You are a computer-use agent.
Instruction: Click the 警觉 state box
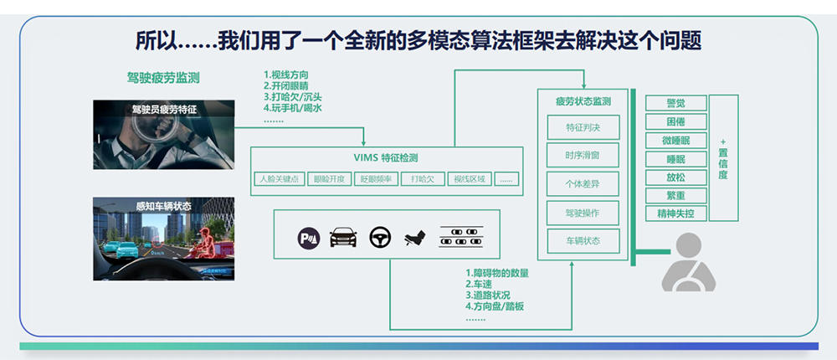(x=675, y=103)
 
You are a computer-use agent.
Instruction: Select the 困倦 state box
(x=675, y=121)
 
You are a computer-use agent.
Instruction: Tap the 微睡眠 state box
(x=675, y=140)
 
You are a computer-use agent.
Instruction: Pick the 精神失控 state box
(x=675, y=213)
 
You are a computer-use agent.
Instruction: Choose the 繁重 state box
(x=675, y=195)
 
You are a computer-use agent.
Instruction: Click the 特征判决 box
(x=583, y=127)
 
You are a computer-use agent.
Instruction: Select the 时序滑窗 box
(x=583, y=156)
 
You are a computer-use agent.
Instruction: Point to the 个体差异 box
(x=583, y=184)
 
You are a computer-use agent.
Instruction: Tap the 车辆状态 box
(x=583, y=241)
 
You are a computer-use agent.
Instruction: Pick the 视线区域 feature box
(x=469, y=178)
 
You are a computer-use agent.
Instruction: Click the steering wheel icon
(x=381, y=238)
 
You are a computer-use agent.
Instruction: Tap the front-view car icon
(x=343, y=238)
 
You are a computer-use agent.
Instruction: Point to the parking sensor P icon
(x=309, y=239)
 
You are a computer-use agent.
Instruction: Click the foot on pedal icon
(x=416, y=239)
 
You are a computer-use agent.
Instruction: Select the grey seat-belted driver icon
(x=688, y=262)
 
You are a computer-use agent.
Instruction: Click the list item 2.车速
(x=480, y=284)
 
